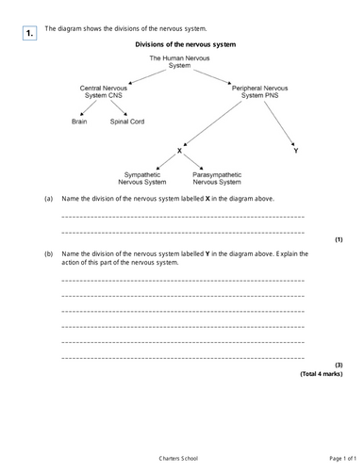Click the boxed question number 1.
click(29, 34)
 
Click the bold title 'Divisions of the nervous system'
click(185, 44)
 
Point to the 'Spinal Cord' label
click(127, 121)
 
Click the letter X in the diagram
click(178, 151)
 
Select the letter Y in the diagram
click(295, 151)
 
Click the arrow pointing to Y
click(281, 126)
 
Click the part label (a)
click(49, 201)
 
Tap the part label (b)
click(49, 253)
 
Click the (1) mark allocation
click(338, 239)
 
